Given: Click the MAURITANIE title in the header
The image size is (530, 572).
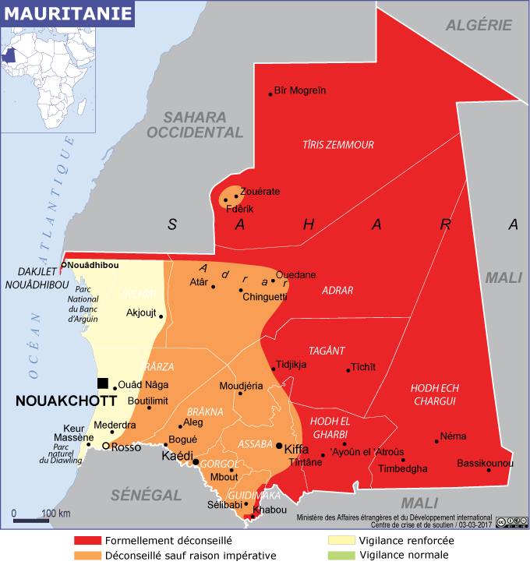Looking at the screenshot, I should [65, 13].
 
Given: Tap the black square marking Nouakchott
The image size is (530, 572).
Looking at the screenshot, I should [103, 383].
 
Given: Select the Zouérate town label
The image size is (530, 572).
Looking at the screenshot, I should [260, 192].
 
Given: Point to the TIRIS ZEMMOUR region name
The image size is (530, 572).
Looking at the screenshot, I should [338, 145].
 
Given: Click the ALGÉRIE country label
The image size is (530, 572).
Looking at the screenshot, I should [479, 25].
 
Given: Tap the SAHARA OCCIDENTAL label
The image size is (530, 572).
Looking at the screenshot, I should [194, 125].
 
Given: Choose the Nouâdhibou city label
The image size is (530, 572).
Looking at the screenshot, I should [94, 266].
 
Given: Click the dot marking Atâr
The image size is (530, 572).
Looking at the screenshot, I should [214, 287].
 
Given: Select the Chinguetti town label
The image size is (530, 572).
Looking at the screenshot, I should [265, 297].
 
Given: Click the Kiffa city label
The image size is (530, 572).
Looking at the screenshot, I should [297, 450].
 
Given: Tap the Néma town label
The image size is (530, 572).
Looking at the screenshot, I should [453, 436].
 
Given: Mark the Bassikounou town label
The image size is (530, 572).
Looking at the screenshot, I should [486, 464].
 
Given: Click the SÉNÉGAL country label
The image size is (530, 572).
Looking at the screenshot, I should [146, 494].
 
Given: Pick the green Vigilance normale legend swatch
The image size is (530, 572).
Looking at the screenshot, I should [341, 556].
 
